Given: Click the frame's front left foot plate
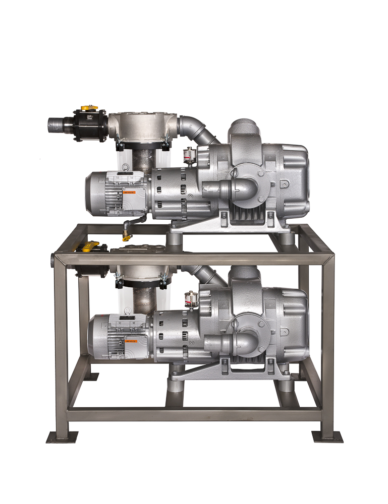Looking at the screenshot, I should [x=62, y=437].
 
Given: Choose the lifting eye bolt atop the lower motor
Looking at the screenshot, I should [x=128, y=312].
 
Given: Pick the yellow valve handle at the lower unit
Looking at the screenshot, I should [x=91, y=247].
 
